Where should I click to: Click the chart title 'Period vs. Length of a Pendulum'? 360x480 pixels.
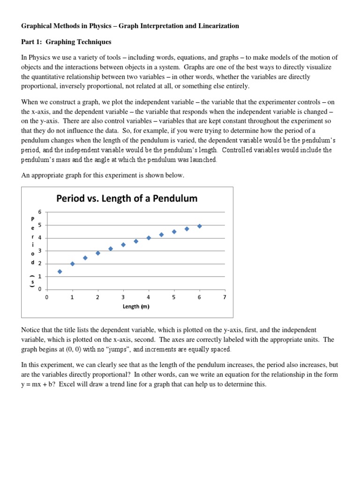127,198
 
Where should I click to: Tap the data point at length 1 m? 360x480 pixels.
72,264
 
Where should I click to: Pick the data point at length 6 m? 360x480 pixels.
199,226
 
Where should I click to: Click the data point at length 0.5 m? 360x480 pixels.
60,271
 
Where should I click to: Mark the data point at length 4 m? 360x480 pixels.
149,238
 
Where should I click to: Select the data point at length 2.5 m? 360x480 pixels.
111,249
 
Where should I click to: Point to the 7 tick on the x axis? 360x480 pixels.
225,297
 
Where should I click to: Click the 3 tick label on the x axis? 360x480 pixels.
123,297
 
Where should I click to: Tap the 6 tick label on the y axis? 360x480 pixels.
40,212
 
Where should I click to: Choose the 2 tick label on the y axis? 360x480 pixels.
40,263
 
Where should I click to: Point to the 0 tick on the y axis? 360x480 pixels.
40,289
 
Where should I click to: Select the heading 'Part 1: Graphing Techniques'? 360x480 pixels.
66,42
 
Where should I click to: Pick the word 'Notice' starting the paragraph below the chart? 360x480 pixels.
31,330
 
